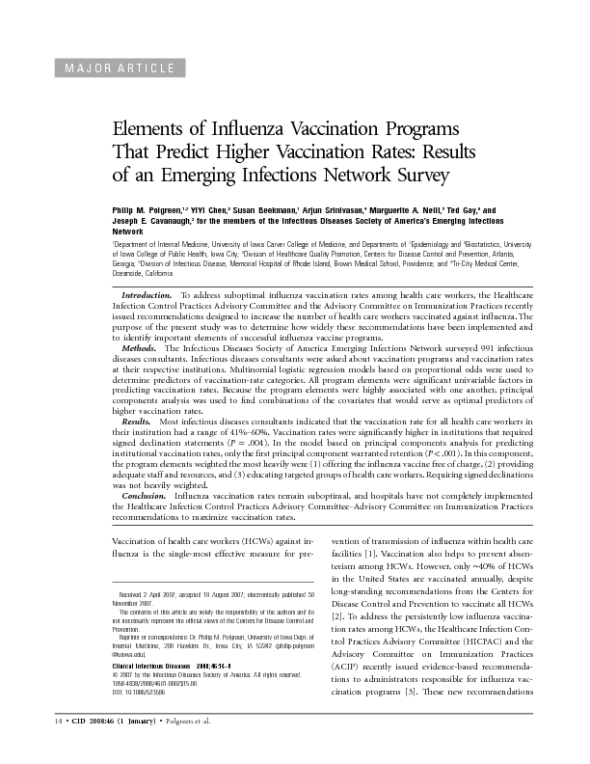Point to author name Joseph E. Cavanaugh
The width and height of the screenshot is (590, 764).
pos(150,221)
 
